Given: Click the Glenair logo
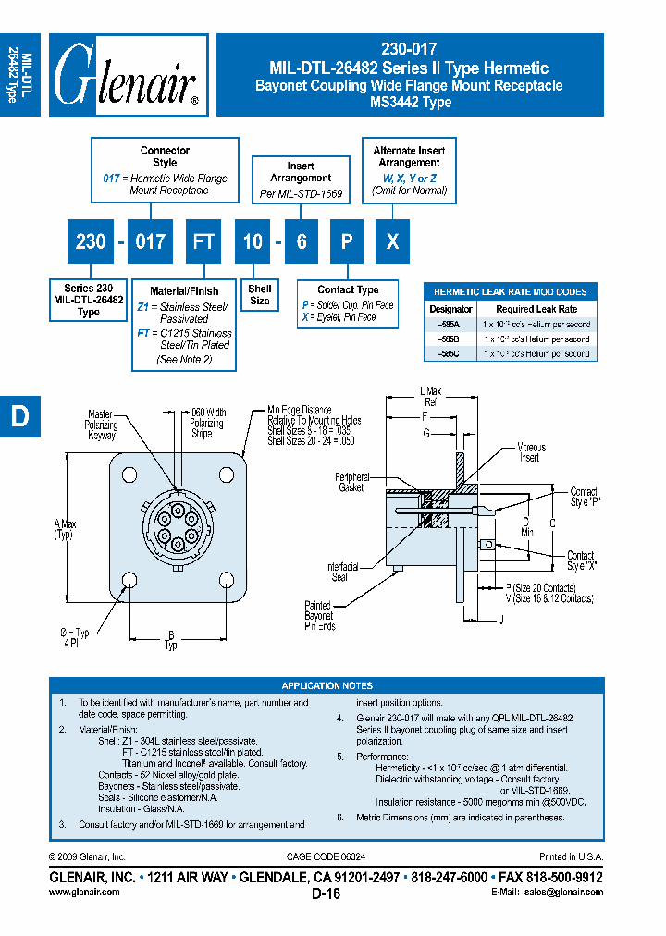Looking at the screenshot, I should pyautogui.click(x=127, y=77).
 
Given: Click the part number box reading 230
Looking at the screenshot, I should pyautogui.click(x=91, y=241).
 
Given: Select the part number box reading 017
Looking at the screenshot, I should pyautogui.click(x=150, y=241).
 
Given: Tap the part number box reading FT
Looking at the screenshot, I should pyautogui.click(x=203, y=241).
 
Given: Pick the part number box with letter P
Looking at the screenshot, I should pyautogui.click(x=347, y=241).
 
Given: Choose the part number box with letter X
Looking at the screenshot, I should pyautogui.click(x=393, y=241).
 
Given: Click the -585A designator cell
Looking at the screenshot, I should pyautogui.click(x=451, y=325).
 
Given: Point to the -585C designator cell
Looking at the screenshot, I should pyautogui.click(x=451, y=353).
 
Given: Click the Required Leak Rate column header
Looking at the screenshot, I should pyautogui.click(x=536, y=309).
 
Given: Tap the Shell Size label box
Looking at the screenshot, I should pyautogui.click(x=260, y=295).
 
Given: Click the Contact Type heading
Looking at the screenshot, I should pyautogui.click(x=348, y=289).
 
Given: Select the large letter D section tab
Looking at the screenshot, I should pyautogui.click(x=19, y=416).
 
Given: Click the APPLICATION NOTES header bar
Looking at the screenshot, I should pyautogui.click(x=327, y=685).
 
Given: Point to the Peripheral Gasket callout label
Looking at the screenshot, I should pyautogui.click(x=351, y=483).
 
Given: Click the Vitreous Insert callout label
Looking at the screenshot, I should pyautogui.click(x=531, y=452).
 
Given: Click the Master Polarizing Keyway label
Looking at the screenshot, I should pyautogui.click(x=101, y=425).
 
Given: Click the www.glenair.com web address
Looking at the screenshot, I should pyautogui.click(x=83, y=893).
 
